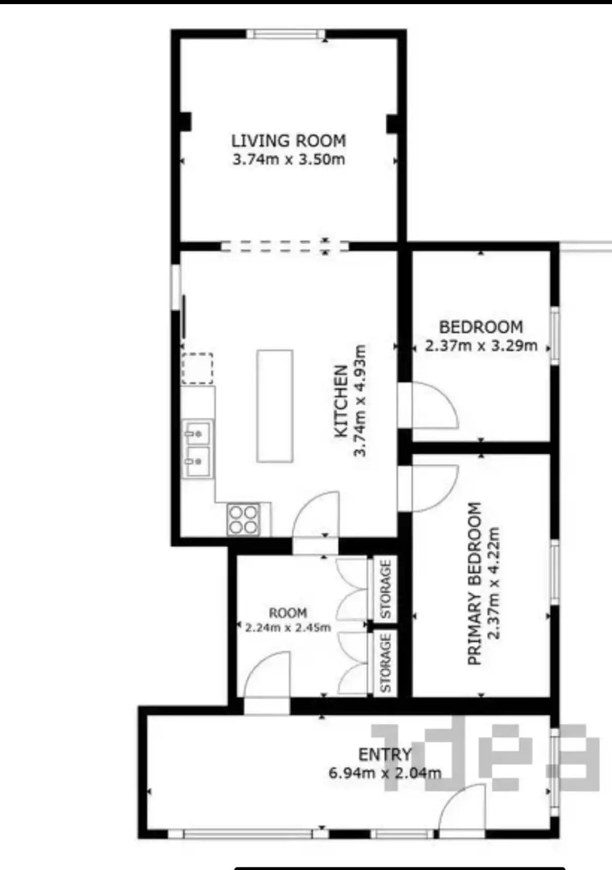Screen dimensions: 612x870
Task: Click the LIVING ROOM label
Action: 289,140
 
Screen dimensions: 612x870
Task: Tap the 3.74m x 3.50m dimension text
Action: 289,159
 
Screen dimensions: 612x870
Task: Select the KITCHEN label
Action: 341,401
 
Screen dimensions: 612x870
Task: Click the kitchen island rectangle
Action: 275,406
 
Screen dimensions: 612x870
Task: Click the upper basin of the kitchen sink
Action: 197,432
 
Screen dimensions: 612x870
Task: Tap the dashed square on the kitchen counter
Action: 197,368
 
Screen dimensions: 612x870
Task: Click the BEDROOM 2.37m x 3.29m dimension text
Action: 481,346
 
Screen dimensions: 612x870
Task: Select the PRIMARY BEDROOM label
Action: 475,584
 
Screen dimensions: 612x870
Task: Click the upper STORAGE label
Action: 386,590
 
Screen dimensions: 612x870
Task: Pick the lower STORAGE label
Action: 386,663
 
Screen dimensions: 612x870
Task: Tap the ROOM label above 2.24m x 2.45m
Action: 288,613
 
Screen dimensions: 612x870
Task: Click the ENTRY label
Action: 385,755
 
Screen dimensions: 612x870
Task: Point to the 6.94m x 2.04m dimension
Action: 385,773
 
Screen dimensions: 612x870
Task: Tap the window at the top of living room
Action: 285,34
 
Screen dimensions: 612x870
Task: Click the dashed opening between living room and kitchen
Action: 285,246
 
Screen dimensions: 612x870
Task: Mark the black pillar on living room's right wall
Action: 392,123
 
